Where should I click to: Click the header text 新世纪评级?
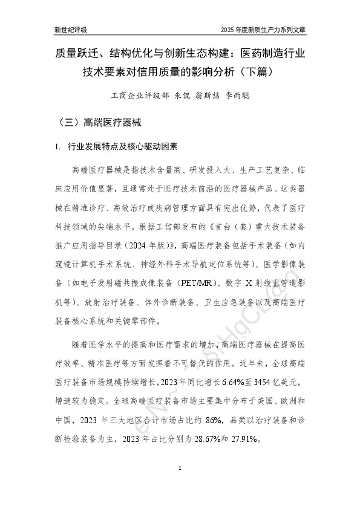[71, 29]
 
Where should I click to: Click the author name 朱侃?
[183, 96]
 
